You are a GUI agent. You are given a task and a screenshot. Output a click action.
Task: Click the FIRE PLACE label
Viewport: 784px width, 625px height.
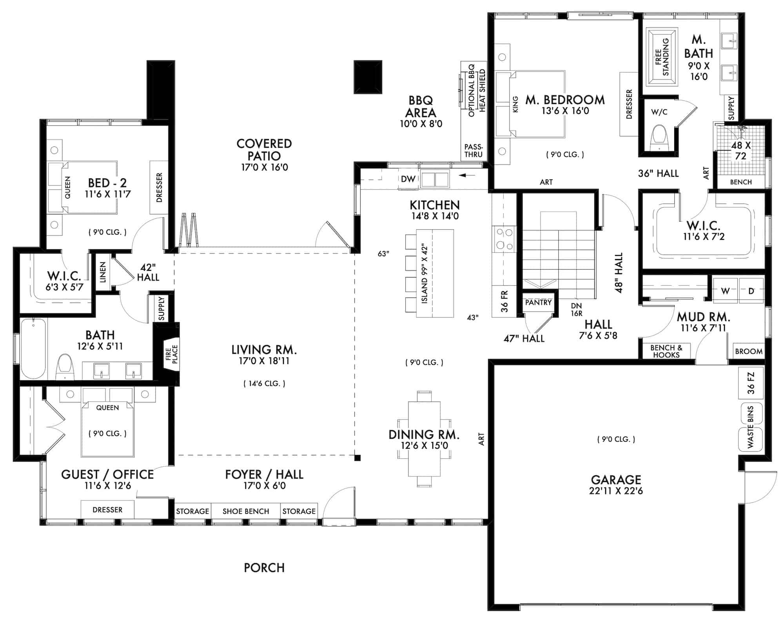pyautogui.click(x=172, y=354)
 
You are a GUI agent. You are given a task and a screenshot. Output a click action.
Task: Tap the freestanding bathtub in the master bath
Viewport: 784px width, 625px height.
pyautogui.click(x=662, y=56)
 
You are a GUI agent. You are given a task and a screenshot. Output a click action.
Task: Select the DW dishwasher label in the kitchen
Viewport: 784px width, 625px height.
pyautogui.click(x=408, y=179)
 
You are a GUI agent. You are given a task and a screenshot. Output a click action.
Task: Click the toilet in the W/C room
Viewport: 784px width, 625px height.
pyautogui.click(x=659, y=138)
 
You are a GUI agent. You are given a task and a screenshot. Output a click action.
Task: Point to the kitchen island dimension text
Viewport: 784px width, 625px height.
pyautogui.click(x=425, y=274)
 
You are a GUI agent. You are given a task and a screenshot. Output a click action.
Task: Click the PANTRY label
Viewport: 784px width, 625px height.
pyautogui.click(x=538, y=303)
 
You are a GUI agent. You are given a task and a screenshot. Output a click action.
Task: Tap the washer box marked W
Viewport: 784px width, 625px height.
pyautogui.click(x=725, y=291)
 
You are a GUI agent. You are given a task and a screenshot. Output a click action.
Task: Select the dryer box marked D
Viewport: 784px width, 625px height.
pyautogui.click(x=751, y=291)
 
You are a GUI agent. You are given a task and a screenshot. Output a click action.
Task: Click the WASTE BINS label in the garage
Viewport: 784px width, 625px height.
pyautogui.click(x=751, y=427)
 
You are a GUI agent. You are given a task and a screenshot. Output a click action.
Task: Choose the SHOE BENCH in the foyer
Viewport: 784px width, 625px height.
pyautogui.click(x=246, y=511)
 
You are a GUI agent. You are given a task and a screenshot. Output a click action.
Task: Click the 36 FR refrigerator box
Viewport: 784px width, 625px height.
pyautogui.click(x=505, y=301)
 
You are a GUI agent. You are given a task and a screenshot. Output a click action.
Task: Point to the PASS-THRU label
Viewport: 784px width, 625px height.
pyautogui.click(x=474, y=150)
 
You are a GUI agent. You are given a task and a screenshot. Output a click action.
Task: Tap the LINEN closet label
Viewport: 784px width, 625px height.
pyautogui.click(x=103, y=272)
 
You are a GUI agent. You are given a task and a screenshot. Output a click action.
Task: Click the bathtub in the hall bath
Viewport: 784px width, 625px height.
pyautogui.click(x=33, y=349)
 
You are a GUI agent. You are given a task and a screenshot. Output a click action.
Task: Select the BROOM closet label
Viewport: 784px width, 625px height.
pyautogui.click(x=749, y=351)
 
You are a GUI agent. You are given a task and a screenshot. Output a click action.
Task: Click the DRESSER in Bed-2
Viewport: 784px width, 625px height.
pyautogui.click(x=159, y=187)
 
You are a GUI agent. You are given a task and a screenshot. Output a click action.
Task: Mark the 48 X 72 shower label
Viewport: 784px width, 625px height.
pyautogui.click(x=740, y=150)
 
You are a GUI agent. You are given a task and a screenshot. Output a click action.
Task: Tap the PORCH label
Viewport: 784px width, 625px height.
pyautogui.click(x=264, y=568)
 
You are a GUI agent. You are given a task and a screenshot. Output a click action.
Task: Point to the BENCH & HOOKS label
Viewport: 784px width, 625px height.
pyautogui.click(x=666, y=351)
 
